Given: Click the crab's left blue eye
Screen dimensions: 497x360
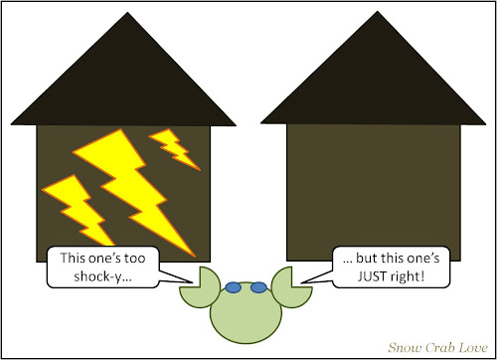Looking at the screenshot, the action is point(233,287).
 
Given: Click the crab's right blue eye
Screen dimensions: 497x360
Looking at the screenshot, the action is point(258,287).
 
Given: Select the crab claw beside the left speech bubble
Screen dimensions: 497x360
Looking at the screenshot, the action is point(198,288).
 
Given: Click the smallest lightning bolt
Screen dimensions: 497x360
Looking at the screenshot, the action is point(174,148).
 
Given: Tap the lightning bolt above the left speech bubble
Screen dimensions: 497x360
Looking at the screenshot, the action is point(78,210).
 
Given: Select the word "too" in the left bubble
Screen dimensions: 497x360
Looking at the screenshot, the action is point(134,258).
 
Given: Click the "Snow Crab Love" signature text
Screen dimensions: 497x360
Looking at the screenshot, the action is point(437,347).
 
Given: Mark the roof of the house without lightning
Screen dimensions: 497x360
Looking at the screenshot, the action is point(375,80).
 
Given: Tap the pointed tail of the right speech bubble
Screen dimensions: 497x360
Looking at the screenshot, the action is point(316,276).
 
